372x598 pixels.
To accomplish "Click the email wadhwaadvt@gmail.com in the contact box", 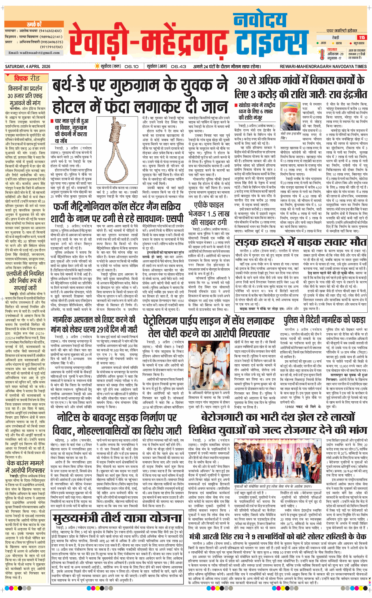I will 34,53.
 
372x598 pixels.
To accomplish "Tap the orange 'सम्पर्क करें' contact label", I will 34,25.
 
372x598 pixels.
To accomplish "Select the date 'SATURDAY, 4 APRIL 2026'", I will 28,66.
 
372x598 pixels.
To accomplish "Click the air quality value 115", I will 362,38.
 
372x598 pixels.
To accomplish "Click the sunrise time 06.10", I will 131,66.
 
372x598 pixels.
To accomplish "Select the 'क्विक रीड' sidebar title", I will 27,78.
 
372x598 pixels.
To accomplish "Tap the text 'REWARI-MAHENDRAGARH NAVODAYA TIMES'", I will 323,66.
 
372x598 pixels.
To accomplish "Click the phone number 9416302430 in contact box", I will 51,31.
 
